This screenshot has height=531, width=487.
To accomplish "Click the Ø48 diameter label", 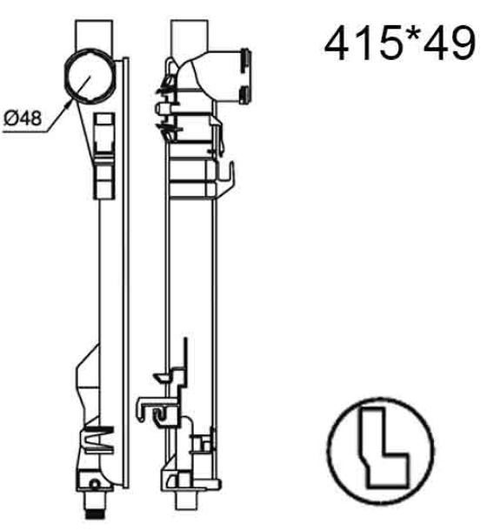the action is [x=23, y=118].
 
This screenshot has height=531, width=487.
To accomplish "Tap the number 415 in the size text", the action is [x=363, y=44].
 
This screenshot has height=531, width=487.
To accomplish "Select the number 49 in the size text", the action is [x=450, y=44].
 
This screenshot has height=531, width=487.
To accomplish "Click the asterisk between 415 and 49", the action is [x=412, y=36].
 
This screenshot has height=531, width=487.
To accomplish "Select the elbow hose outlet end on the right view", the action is [x=245, y=76].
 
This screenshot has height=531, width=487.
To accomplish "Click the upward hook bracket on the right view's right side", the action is [x=226, y=178].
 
